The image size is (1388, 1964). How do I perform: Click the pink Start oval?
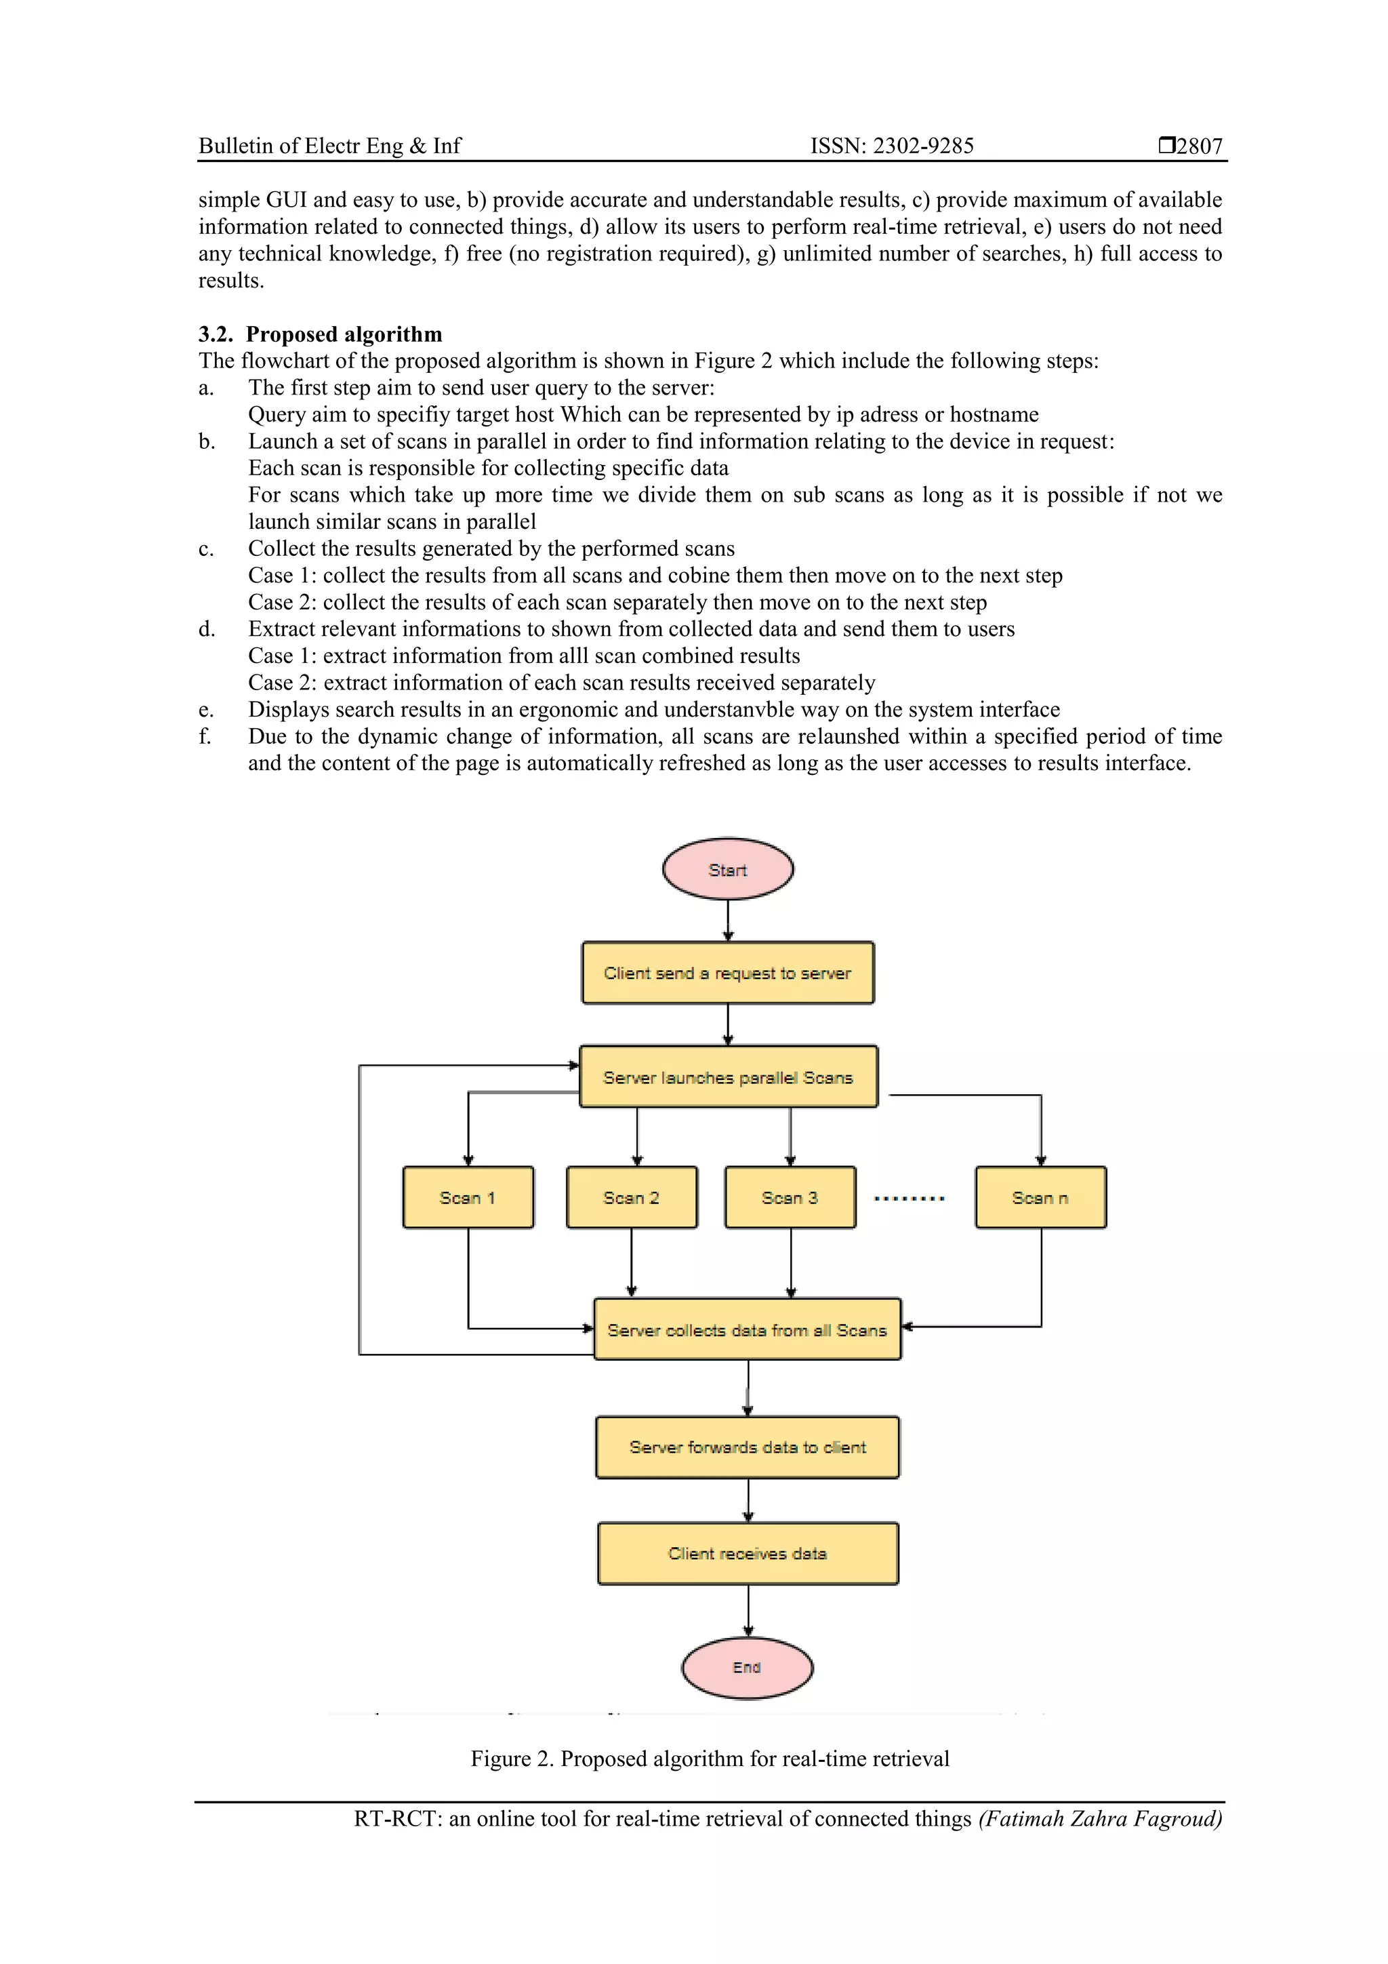(x=728, y=869)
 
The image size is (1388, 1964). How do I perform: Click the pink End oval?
(x=747, y=1667)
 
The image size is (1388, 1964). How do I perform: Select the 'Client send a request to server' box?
(x=728, y=973)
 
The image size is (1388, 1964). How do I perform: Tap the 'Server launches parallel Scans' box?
(x=728, y=1077)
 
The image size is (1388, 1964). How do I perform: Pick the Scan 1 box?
(x=468, y=1197)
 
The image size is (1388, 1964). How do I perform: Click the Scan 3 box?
(x=790, y=1197)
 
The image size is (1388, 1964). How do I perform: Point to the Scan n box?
(x=1041, y=1197)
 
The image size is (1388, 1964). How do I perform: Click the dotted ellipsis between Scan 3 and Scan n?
(x=909, y=1199)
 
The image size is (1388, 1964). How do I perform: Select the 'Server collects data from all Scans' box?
(x=747, y=1329)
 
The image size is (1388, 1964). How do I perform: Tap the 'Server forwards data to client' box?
(x=748, y=1447)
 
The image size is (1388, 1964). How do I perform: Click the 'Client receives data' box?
(x=748, y=1553)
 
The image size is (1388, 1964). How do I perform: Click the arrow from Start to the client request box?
(x=728, y=921)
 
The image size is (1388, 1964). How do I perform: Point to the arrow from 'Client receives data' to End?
(x=748, y=1611)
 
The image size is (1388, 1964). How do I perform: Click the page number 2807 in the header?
(x=1199, y=146)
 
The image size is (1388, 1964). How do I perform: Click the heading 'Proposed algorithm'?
(x=344, y=334)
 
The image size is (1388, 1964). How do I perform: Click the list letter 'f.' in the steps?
(x=205, y=736)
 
